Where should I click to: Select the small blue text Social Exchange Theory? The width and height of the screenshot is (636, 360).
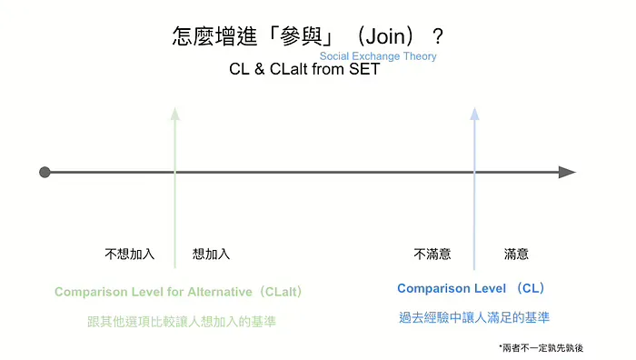tap(378, 56)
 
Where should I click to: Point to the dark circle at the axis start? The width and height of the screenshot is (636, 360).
tap(45, 172)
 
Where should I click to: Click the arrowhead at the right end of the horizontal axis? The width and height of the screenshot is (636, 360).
tap(568, 172)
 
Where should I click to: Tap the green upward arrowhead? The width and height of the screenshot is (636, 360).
tap(174, 114)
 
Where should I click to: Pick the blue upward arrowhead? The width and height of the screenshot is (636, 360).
tap(472, 114)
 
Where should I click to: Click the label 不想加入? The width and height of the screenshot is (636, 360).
tap(130, 255)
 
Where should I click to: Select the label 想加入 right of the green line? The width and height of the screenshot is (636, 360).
tap(211, 255)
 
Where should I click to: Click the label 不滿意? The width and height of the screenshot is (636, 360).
tap(432, 255)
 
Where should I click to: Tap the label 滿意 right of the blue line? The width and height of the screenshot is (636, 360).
tap(516, 255)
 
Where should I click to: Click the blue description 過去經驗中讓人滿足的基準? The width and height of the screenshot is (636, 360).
tap(473, 317)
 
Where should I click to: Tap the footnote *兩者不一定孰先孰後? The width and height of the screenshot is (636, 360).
tap(542, 347)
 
